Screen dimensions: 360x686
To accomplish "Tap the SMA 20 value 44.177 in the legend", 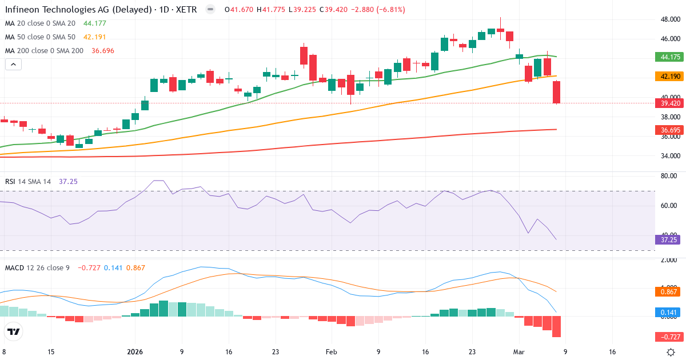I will [95, 23].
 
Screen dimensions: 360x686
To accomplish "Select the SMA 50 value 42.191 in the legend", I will [95, 37].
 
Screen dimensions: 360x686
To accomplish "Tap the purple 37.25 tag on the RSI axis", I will [666, 240].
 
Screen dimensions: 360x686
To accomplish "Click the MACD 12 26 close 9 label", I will [37, 267].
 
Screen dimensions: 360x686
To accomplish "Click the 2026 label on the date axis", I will [135, 352].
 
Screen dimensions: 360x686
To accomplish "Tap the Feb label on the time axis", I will [332, 352].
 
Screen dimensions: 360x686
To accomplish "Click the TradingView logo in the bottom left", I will [14, 331].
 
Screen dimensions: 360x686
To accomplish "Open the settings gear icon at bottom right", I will [671, 352].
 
